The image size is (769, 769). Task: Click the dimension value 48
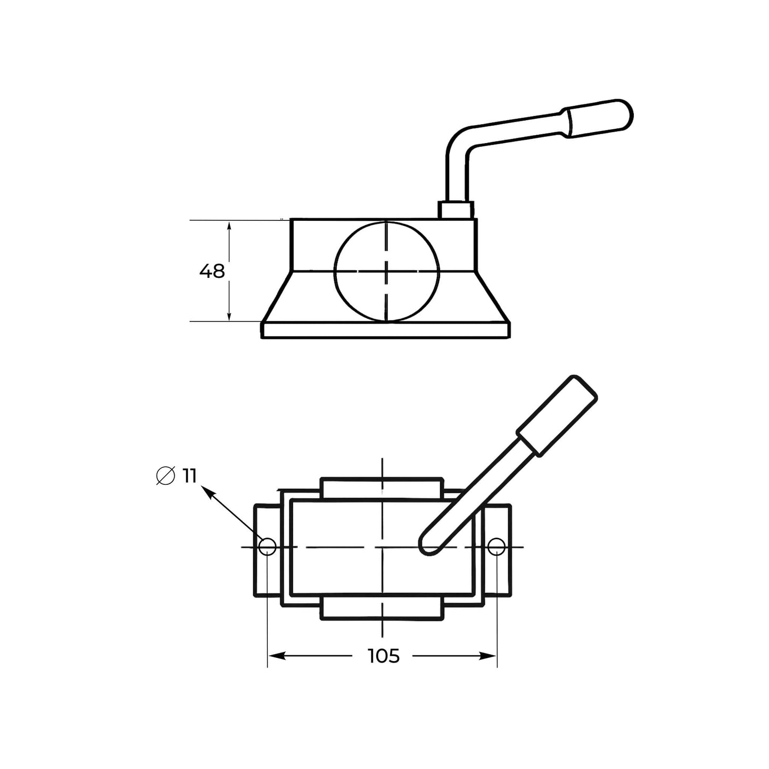pyautogui.click(x=212, y=271)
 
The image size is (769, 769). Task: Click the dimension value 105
pyautogui.click(x=384, y=656)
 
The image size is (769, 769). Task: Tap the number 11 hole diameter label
pyautogui.click(x=189, y=475)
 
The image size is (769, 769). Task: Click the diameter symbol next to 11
pyautogui.click(x=166, y=475)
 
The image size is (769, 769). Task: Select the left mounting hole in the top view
pyautogui.click(x=267, y=547)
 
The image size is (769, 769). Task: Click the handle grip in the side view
pyautogui.click(x=597, y=117)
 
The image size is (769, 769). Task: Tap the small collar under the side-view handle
pyautogui.click(x=456, y=210)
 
